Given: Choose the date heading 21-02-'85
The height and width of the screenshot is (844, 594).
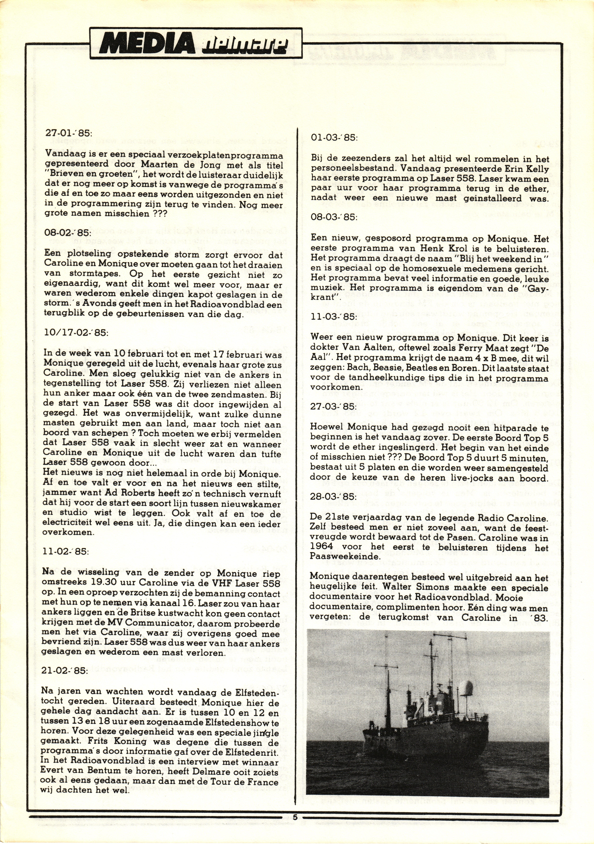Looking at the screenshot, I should click(x=66, y=670).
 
